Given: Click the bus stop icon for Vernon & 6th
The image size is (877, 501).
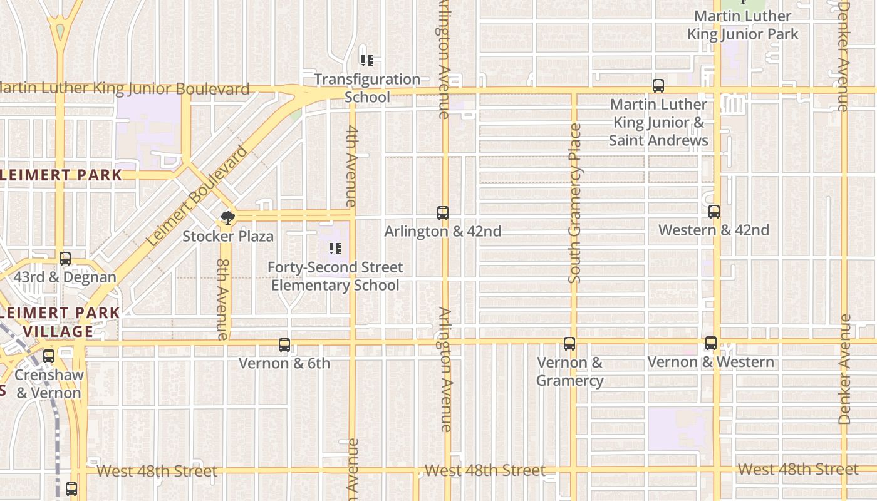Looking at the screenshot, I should [284, 345].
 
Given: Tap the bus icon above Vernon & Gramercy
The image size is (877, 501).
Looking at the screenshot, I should [569, 344].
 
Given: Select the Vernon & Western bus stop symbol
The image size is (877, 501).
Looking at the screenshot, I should [710, 343].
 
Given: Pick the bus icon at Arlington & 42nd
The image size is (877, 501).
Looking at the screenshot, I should [443, 213].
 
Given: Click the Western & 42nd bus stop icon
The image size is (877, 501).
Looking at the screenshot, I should [714, 212].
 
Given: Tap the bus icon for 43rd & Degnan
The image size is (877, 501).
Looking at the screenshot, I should [65, 259].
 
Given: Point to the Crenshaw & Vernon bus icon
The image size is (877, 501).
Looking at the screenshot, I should [49, 356].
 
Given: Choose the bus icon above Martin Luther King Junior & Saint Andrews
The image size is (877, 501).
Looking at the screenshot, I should [658, 86].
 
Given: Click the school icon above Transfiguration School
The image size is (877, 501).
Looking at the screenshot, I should [367, 61].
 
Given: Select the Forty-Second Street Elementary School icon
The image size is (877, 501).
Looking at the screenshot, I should [335, 249].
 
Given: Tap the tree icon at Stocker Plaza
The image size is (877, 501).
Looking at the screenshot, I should [228, 218].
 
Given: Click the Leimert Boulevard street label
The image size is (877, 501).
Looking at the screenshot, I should [197, 196].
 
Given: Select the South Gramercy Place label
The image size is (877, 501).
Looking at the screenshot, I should [575, 204].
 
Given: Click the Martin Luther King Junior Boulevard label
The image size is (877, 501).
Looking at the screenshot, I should [125, 89].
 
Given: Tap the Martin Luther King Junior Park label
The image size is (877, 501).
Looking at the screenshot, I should [743, 25].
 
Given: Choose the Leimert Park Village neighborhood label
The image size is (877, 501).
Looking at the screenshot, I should [60, 322].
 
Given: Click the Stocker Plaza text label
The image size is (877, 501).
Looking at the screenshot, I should [228, 237].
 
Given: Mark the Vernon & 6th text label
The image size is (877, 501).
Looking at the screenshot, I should [284, 363].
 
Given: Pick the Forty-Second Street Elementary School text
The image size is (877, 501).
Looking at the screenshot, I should [335, 276].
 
